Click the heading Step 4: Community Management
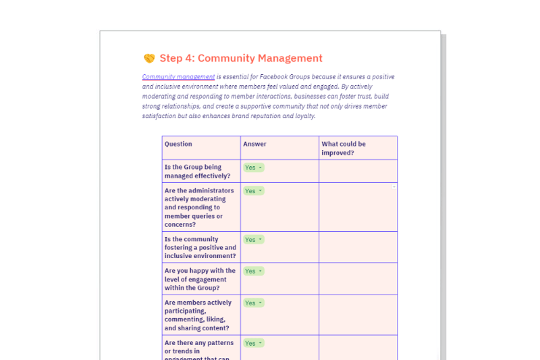pyautogui.click(x=241, y=59)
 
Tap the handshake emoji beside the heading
pyautogui.click(x=149, y=59)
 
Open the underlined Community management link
pyautogui.click(x=178, y=77)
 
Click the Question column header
pyautogui.click(x=178, y=144)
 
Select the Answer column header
pyautogui.click(x=254, y=144)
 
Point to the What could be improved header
pyautogui.click(x=344, y=148)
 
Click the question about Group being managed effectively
pyautogui.click(x=197, y=172)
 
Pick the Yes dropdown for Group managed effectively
pyautogui.click(x=254, y=168)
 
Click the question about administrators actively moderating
pyautogui.click(x=199, y=207)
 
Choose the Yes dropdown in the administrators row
pyautogui.click(x=254, y=191)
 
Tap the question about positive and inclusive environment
pyautogui.click(x=200, y=248)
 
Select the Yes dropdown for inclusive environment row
pyautogui.click(x=254, y=240)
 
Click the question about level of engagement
pyautogui.click(x=200, y=279)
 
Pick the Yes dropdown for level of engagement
pyautogui.click(x=254, y=271)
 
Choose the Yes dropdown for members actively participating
pyautogui.click(x=254, y=303)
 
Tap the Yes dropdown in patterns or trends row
pyautogui.click(x=254, y=343)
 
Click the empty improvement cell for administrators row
pyautogui.click(x=358, y=207)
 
